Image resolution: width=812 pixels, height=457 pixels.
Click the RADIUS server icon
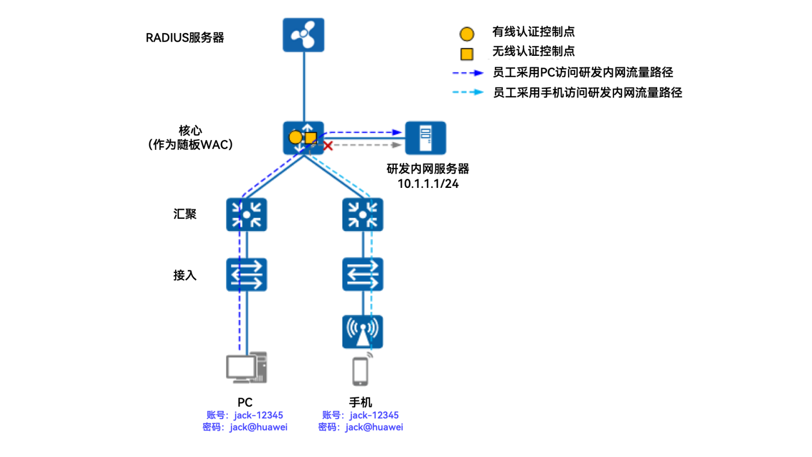(x=303, y=35)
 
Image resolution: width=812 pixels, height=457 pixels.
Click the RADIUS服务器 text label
(x=185, y=38)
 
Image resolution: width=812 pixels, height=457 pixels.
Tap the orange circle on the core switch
(x=295, y=137)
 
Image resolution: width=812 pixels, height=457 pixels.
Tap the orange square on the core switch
(x=311, y=138)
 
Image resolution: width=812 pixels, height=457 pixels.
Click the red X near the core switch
(x=328, y=146)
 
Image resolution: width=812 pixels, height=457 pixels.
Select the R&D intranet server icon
(x=425, y=138)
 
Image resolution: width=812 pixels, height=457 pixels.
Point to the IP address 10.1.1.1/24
(x=428, y=184)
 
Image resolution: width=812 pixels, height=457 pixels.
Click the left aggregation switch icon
(x=247, y=215)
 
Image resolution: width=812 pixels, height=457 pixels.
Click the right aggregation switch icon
(x=362, y=215)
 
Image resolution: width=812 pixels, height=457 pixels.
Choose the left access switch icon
(x=247, y=275)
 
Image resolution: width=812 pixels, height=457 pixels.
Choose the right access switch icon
(x=362, y=275)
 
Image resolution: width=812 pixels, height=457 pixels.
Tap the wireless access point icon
(x=362, y=332)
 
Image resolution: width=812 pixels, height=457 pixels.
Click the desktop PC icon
(x=247, y=368)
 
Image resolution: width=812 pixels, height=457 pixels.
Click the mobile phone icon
(x=360, y=371)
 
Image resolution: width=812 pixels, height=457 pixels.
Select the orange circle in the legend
(x=467, y=34)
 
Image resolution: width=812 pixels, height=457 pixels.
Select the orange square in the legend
(x=467, y=54)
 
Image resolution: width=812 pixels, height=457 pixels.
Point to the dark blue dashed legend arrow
(x=467, y=73)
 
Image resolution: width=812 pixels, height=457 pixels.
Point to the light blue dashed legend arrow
(x=467, y=92)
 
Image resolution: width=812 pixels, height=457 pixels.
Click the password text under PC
(x=245, y=428)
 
